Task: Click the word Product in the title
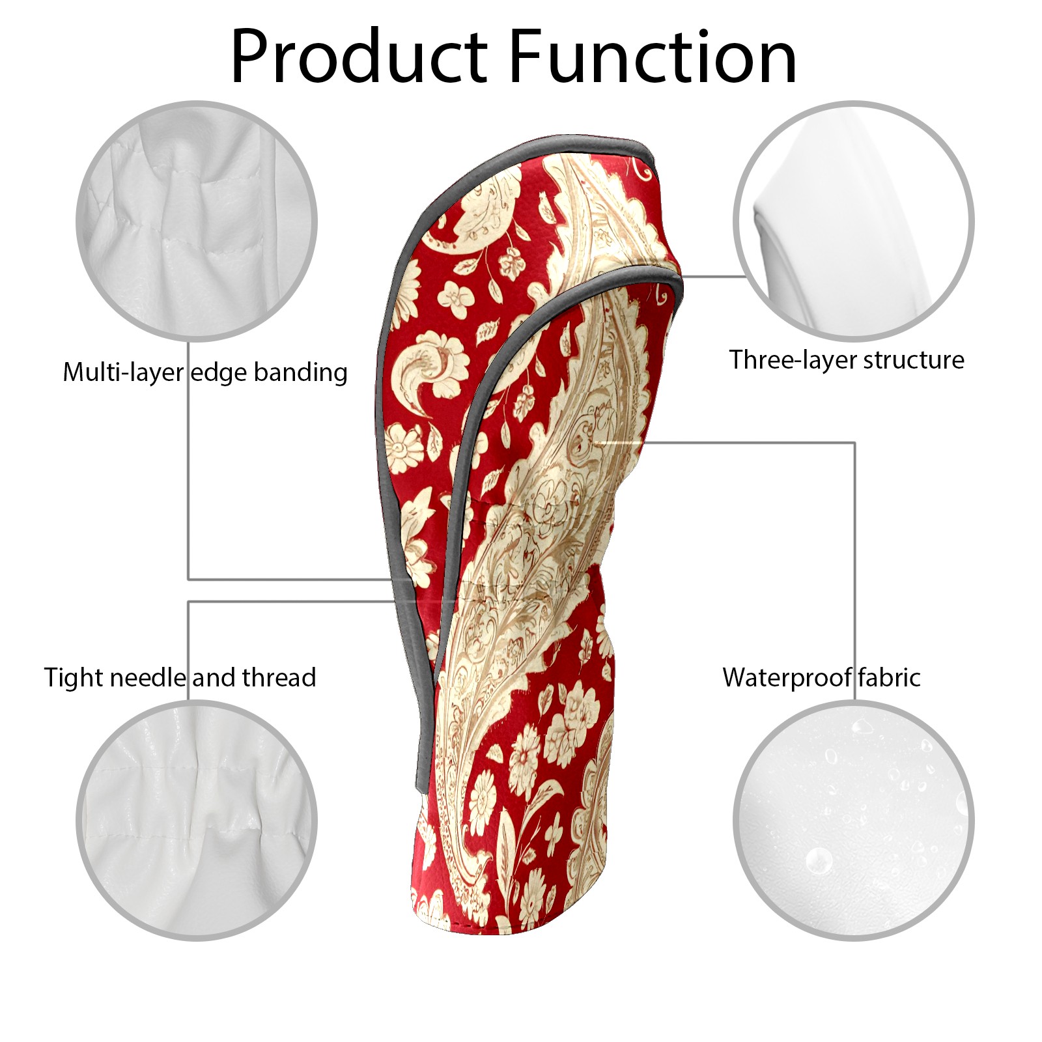click(x=359, y=57)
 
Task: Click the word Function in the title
click(x=653, y=57)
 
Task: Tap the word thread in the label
click(x=279, y=678)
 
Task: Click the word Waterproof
click(x=786, y=678)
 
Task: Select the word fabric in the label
click(x=888, y=678)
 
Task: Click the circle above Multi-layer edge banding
click(x=197, y=221)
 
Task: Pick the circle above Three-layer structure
click(x=853, y=221)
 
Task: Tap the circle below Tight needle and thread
click(x=197, y=820)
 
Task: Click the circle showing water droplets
click(x=853, y=820)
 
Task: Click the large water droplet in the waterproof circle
click(x=819, y=861)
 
